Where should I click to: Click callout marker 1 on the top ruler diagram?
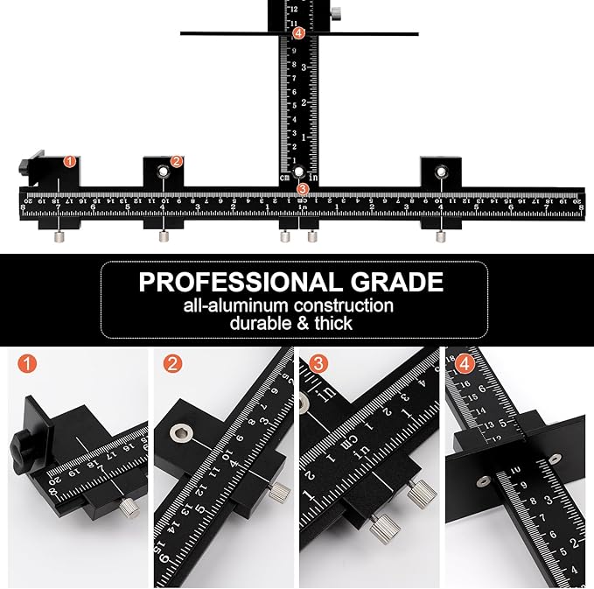[70, 162]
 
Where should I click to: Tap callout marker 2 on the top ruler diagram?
[177, 161]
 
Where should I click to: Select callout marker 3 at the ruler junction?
[303, 188]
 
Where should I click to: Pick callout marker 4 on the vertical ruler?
[299, 33]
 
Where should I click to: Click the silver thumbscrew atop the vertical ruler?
[336, 12]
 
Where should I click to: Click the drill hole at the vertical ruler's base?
[299, 172]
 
